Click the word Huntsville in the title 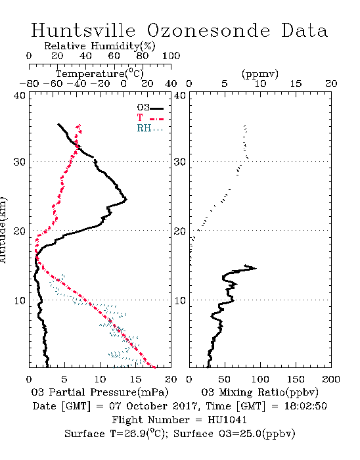83,30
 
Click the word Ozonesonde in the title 208,30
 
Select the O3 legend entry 150,108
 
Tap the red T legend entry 150,118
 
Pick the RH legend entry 150,128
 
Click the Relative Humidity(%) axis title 100,46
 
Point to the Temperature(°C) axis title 100,74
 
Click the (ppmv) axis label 260,74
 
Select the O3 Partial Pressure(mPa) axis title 100,392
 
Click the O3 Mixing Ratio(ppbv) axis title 259,392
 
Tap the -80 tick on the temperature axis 29,84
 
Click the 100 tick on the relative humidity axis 171,56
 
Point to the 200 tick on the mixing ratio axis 331,379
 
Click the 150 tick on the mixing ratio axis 296,379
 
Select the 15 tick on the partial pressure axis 135,379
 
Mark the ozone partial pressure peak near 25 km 126,200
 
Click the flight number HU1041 227,420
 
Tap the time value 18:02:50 305,406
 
